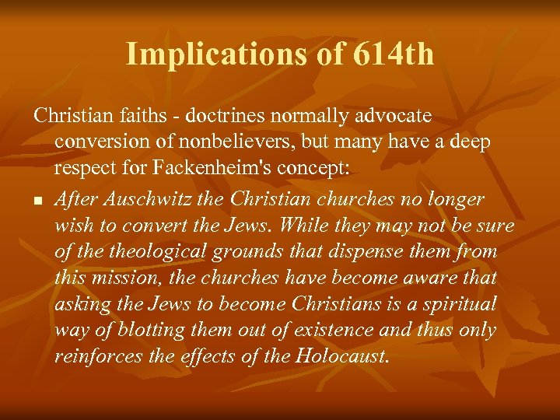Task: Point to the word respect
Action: pyautogui.click(x=89, y=170)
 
